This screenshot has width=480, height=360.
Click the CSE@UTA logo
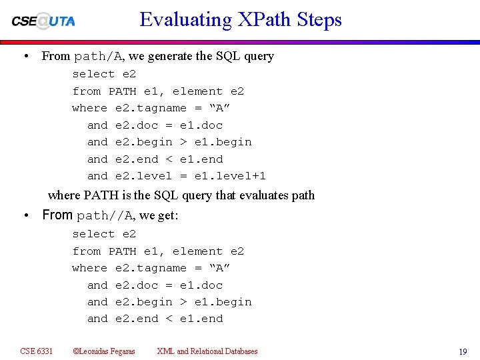[43, 21]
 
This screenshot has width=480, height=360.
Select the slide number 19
[463, 352]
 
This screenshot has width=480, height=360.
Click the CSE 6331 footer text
[37, 351]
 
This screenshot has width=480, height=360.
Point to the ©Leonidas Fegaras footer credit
[103, 351]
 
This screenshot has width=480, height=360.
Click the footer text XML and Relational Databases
[207, 351]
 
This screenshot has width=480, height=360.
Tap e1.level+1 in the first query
[230, 176]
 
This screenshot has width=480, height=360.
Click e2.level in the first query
[143, 176]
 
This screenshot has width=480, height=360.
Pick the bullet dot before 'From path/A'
[25, 56]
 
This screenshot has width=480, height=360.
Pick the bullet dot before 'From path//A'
[25, 215]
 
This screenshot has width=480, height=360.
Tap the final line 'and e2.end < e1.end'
[155, 319]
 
